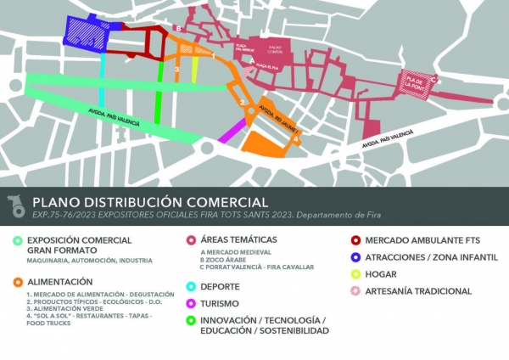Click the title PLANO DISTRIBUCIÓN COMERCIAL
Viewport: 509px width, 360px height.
(x=150, y=202)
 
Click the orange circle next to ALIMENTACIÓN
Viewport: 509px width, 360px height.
(x=18, y=281)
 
